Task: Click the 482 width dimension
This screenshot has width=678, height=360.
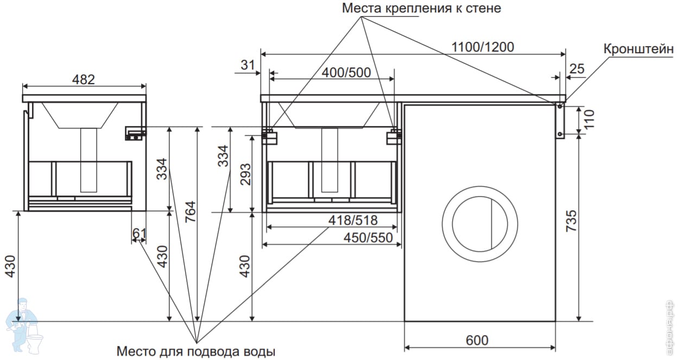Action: click(84, 80)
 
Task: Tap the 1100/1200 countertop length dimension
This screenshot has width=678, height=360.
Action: click(483, 47)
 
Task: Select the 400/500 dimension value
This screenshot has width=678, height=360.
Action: click(346, 73)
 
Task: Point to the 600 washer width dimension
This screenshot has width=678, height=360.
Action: click(477, 340)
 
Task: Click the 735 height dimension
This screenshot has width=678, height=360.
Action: click(572, 221)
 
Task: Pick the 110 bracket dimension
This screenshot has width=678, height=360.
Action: click(589, 119)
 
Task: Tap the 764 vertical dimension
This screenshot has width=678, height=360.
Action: click(191, 212)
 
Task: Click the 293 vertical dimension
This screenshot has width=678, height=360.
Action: click(245, 174)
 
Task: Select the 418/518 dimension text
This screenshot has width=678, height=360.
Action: click(353, 220)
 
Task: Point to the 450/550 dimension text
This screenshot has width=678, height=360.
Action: click(368, 238)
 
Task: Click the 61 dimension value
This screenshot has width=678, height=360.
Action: click(140, 233)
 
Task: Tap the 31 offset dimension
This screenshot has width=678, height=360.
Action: click(248, 65)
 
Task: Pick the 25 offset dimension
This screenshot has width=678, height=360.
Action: click(577, 69)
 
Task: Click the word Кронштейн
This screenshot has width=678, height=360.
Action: click(639, 49)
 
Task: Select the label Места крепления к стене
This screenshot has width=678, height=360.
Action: click(421, 8)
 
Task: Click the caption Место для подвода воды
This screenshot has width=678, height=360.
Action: click(196, 351)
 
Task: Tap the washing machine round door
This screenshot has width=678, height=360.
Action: click(480, 186)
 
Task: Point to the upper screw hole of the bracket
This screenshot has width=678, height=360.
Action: click(560, 106)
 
